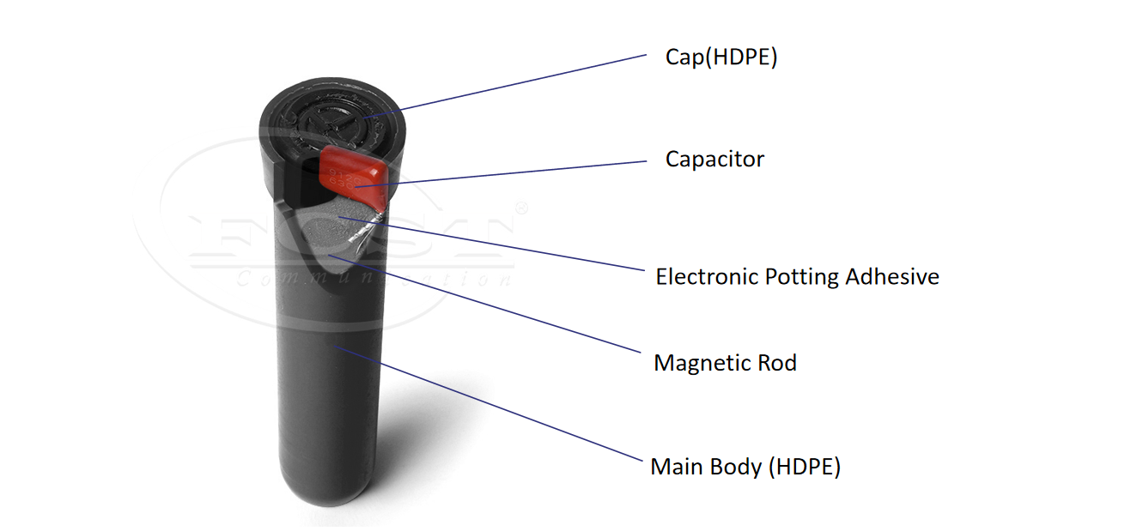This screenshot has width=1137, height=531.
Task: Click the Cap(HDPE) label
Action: click(x=721, y=58)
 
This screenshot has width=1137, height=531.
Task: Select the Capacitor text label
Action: click(x=714, y=159)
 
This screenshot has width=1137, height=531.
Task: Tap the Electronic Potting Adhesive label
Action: click(x=797, y=277)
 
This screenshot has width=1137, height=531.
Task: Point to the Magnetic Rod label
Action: click(x=725, y=363)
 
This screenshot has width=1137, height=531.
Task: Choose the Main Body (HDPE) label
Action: click(x=745, y=468)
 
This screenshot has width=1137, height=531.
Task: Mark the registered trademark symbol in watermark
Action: click(x=520, y=208)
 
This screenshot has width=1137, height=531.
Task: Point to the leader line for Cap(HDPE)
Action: click(x=515, y=83)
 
